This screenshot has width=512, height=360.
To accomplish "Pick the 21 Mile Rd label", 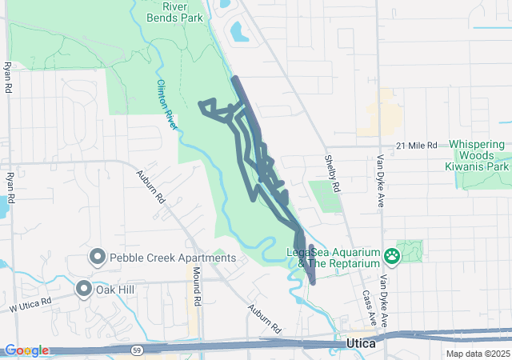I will [418, 146].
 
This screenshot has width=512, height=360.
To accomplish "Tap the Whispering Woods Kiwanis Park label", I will [478, 156].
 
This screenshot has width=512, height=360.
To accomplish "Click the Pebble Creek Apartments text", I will [173, 258].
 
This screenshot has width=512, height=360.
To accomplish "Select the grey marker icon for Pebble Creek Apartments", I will [98, 257].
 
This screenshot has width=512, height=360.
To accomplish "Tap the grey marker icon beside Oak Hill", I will [84, 289].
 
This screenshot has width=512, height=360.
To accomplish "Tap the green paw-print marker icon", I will [392, 256].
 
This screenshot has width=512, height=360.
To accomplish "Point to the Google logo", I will [26, 350].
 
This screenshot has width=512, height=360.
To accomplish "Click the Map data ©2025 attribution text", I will [477, 354].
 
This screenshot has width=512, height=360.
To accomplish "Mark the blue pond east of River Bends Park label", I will [239, 32].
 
